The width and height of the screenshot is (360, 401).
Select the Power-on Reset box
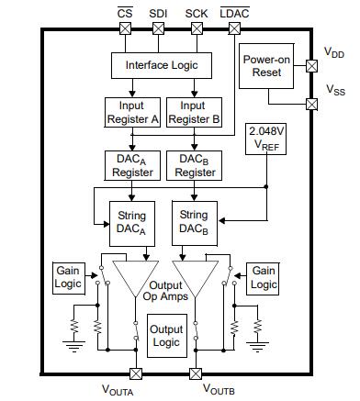tap(268, 65)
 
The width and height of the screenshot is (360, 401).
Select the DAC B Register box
tap(194, 165)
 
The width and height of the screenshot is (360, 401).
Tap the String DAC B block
tap(194, 221)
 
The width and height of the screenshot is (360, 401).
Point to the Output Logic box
tap(166, 335)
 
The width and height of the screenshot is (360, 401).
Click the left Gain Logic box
tap(69, 277)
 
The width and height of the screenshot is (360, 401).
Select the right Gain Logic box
tap(264, 277)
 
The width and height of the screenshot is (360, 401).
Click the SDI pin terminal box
tap(158, 28)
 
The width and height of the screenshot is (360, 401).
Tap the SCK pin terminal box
tap(194, 28)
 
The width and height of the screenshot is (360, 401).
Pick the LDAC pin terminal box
tap(229, 28)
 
